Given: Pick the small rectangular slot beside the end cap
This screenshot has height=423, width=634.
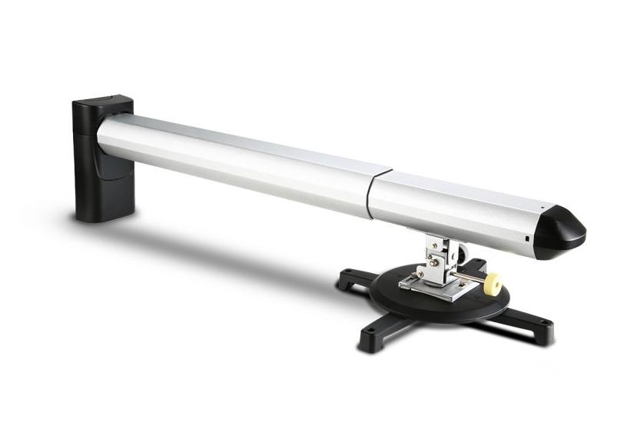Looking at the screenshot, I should tap(527, 238).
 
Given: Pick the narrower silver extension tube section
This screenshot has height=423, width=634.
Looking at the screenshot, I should tap(453, 204).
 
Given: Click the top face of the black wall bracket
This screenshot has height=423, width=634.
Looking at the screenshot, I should tap(104, 101).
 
